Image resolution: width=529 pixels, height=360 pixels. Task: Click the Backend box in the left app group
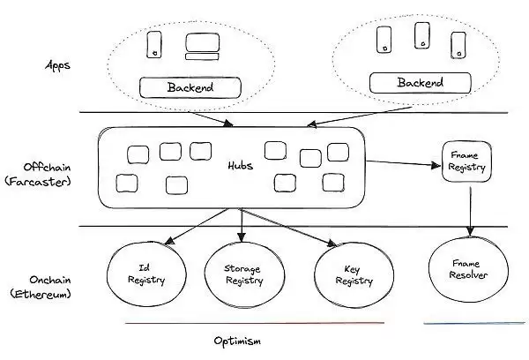coord(190,87)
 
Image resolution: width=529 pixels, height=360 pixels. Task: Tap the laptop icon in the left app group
coord(197,45)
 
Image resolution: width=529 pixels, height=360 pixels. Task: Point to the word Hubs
coord(236,163)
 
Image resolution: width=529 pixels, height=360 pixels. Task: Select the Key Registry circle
coord(341,274)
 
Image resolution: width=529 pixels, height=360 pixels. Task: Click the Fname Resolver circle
coord(467,274)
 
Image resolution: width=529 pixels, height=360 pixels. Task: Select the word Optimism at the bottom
coord(238,340)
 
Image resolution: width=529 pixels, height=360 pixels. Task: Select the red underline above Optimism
coord(255,323)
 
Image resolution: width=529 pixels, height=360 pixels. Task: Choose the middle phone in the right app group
coord(421,35)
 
